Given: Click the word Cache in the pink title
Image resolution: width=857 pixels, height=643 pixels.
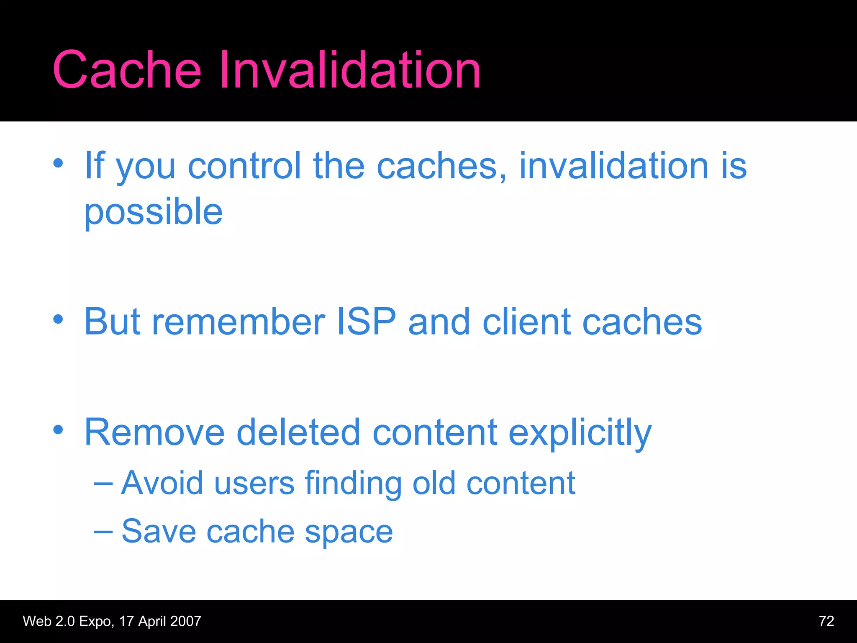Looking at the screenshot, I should [127, 70].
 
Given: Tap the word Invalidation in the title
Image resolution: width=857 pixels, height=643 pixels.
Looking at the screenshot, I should [350, 70].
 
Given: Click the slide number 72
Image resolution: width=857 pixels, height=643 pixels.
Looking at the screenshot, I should [826, 621].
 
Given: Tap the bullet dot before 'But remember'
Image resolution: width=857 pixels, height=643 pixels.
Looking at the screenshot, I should [58, 319].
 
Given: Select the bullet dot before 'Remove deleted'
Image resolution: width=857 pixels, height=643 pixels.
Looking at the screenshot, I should [58, 430].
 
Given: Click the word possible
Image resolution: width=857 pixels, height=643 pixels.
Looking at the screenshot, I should [154, 213].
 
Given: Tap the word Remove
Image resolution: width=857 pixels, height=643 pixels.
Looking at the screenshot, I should [154, 432].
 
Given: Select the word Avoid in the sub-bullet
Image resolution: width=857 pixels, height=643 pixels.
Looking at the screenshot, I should [162, 483].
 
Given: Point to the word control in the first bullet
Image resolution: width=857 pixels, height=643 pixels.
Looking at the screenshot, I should [244, 166].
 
